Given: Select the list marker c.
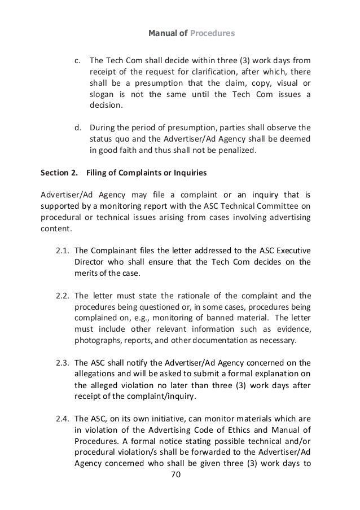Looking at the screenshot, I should [x=80, y=60].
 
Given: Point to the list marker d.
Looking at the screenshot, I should [x=80, y=125].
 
